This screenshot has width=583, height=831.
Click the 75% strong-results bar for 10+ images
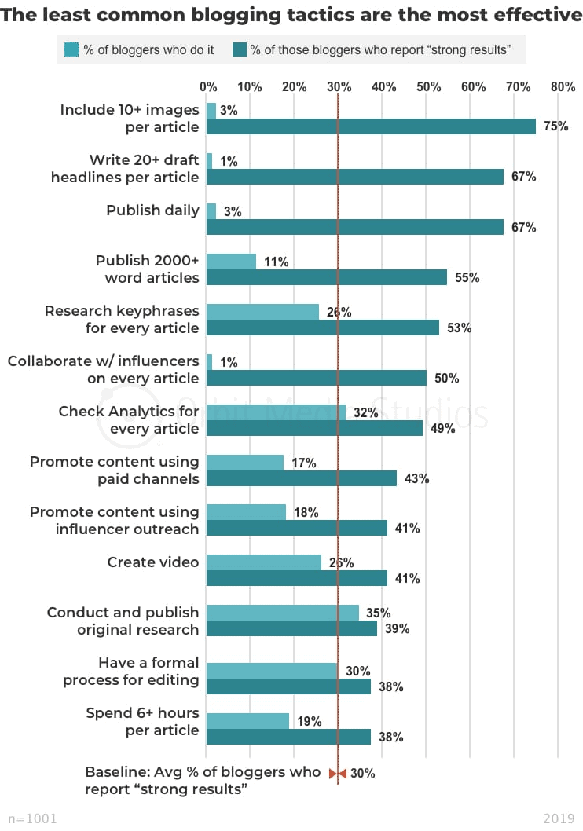coord(371,126)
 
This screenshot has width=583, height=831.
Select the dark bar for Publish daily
coord(354,227)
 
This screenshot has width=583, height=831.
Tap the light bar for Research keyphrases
coord(262,312)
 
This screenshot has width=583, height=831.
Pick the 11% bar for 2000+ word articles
coord(231,262)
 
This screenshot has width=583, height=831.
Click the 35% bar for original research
coord(282,613)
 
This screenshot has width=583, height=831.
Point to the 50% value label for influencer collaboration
coord(447,379)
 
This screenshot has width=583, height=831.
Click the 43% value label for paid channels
coord(417,478)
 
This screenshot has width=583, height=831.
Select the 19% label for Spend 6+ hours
coord(310,721)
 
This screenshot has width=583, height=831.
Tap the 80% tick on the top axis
coord(563,87)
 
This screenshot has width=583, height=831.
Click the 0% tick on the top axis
coord(208,87)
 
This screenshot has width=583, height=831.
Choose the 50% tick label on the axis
coord(429,87)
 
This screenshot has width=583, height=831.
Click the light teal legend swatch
coord(71,50)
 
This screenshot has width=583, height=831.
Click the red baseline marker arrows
coord(337,774)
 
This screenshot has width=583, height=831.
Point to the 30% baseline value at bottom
coord(362,774)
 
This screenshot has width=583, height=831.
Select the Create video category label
coord(153,562)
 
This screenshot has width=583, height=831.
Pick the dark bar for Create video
coord(297,579)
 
